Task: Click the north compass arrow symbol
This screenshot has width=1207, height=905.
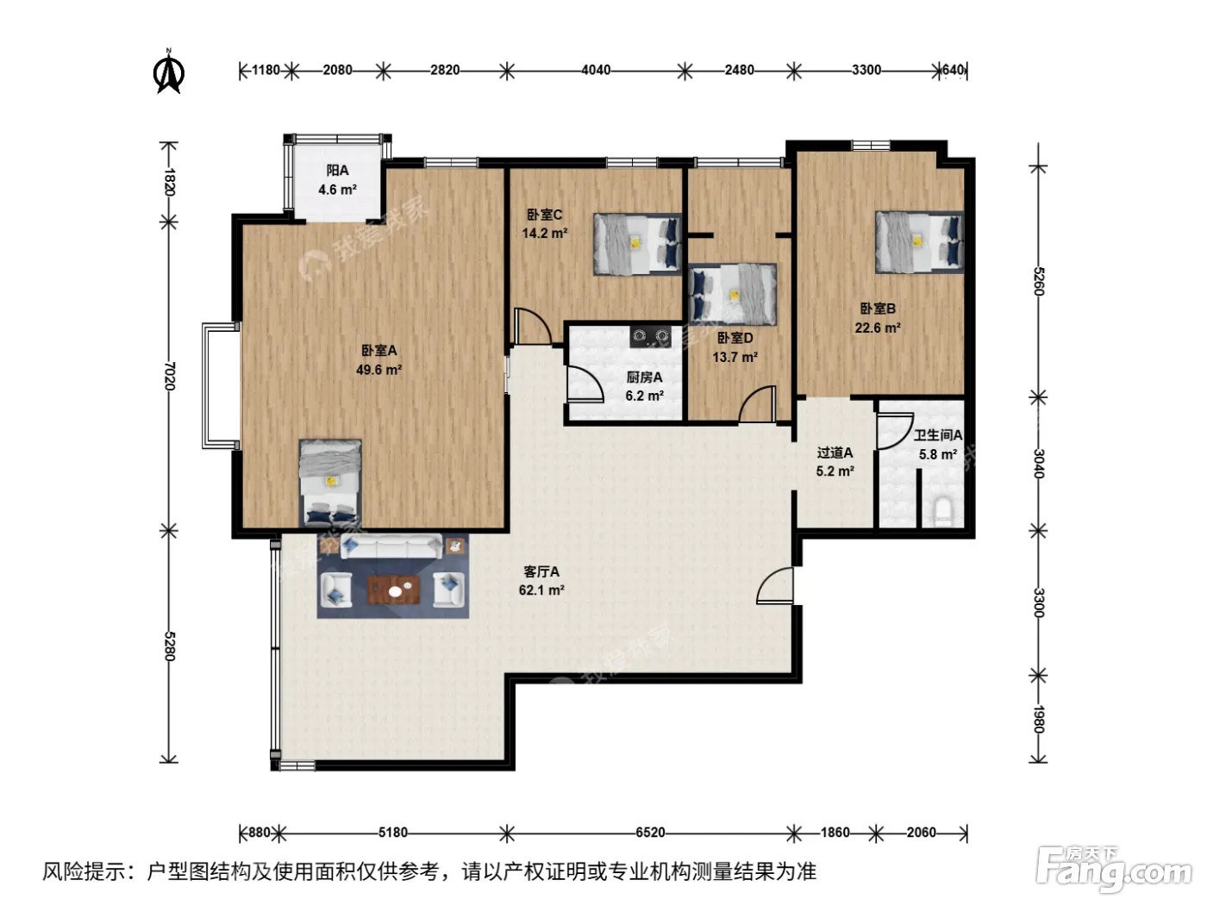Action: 168,72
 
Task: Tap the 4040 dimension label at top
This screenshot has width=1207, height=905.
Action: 596,71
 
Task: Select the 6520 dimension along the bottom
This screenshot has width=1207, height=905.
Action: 650,833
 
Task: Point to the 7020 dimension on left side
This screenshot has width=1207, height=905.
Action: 170,376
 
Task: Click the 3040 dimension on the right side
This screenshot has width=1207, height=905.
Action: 1038,463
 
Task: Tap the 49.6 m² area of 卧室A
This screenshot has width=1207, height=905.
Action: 378,369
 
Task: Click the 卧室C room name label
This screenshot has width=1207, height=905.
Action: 544,215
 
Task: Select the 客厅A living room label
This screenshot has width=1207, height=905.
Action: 541,571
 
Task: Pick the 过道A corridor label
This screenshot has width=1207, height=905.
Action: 835,452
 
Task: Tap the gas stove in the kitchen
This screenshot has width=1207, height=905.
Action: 651,336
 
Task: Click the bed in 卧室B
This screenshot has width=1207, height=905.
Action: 919,242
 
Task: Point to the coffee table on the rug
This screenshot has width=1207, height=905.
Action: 394,590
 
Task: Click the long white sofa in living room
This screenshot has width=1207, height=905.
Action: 391,546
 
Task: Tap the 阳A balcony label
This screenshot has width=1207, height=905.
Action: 337,171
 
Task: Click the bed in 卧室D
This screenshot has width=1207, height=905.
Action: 733,294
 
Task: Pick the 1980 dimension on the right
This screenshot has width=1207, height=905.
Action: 1038,720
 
